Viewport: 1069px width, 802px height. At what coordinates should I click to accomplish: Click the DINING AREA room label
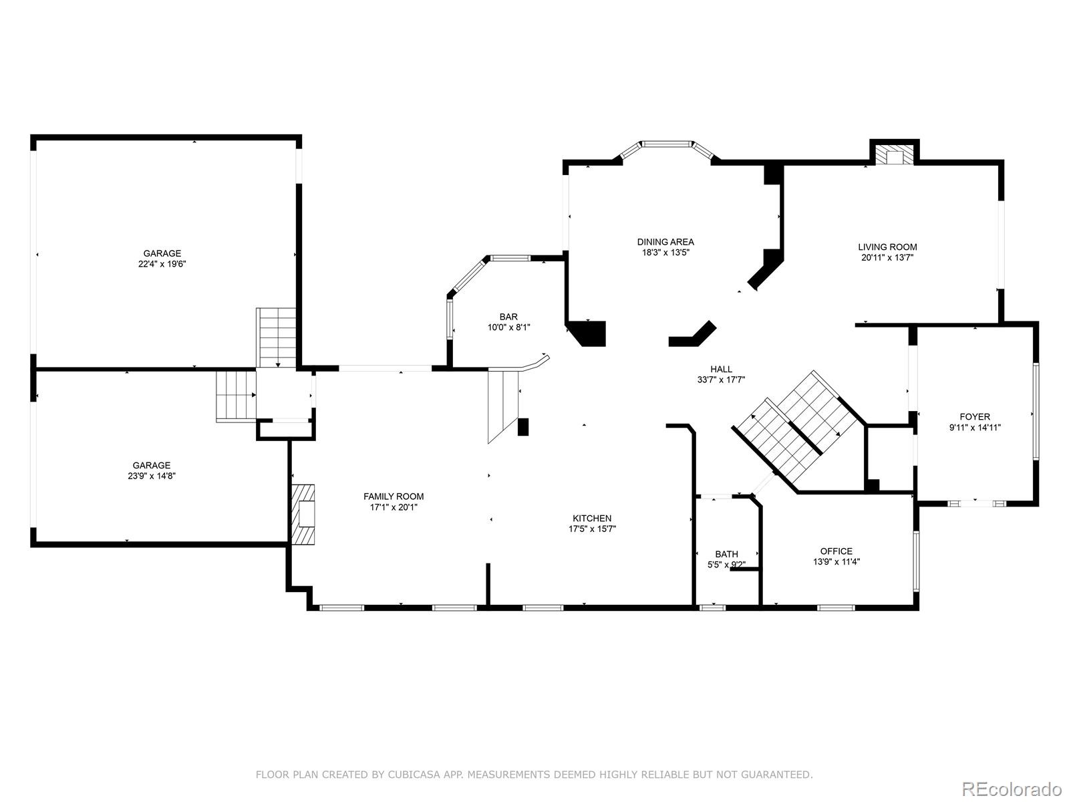coord(665,242)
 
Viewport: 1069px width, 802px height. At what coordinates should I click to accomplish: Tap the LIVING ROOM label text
coord(887,247)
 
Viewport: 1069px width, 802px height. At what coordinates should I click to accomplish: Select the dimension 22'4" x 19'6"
coord(162,265)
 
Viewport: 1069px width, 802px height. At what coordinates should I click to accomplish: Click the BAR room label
coord(508,317)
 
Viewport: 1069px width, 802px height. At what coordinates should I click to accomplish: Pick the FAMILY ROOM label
coord(394,497)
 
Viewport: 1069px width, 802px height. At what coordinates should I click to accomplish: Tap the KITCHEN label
coord(592,519)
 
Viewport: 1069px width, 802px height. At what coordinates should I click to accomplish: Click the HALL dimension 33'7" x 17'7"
coord(722,380)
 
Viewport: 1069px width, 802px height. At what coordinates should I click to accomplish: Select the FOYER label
coord(975,417)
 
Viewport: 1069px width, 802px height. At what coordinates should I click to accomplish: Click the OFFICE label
coord(836,551)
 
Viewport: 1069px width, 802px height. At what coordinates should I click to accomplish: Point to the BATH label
coord(727,554)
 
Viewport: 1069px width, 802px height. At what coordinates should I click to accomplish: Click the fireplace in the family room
coord(303,514)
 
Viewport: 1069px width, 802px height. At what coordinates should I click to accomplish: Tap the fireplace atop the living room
coord(894,156)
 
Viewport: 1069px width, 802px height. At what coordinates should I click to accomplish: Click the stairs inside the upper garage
coord(276,338)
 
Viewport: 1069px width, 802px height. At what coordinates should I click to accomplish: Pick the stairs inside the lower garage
coord(237,396)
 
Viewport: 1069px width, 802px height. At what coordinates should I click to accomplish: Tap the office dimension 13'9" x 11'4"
coord(836,562)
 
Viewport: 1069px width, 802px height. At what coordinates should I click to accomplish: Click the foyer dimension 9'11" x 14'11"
coord(975,428)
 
